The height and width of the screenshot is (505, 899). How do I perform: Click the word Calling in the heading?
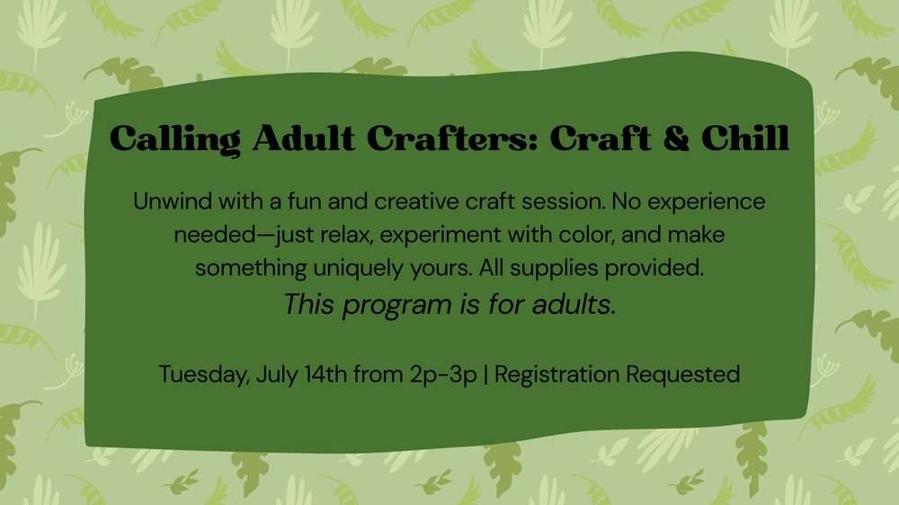175,139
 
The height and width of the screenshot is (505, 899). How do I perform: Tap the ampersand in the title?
677,138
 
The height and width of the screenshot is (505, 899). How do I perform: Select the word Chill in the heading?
745,137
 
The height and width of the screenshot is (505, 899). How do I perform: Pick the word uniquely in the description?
359,269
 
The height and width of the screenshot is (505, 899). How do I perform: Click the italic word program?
396,306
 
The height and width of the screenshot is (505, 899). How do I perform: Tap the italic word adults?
574,305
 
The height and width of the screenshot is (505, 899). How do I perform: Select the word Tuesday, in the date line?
204,376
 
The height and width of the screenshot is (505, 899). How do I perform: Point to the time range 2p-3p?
443,376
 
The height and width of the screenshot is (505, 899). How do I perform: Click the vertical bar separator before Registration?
486,376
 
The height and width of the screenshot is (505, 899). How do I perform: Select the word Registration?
556,376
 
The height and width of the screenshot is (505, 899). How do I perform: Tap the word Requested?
683,376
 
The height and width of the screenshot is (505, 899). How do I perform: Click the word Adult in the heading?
304,138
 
